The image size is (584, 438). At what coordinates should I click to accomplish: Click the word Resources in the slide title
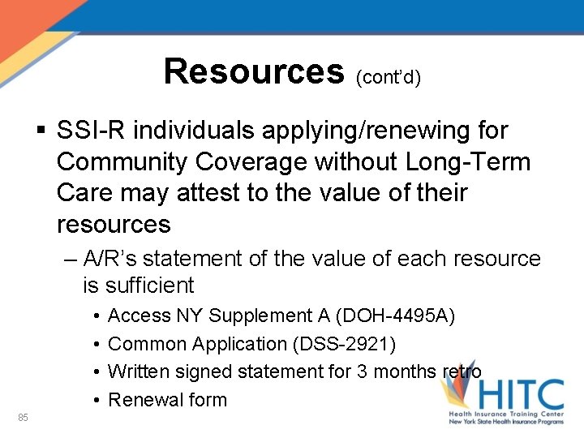[254, 71]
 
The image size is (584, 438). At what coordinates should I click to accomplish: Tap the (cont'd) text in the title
[388, 79]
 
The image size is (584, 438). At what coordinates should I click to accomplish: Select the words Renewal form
[167, 400]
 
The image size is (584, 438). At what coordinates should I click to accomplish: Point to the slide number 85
[23, 418]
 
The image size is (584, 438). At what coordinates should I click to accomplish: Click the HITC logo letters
[519, 396]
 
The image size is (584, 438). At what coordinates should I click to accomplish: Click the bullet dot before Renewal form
[96, 400]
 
